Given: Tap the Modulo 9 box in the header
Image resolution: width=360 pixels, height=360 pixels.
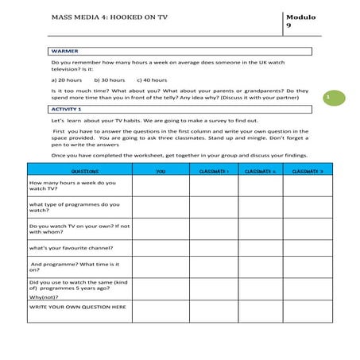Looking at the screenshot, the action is [296, 21].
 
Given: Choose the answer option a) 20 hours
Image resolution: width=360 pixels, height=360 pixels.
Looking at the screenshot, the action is [67, 79].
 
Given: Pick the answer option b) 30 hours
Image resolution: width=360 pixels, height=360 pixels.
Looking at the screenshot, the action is [110, 79].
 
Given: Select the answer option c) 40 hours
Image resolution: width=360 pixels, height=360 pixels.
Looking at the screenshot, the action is [152, 79].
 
